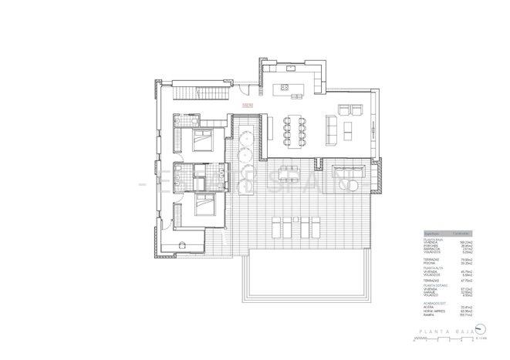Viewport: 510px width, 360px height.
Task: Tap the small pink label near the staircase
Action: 247,103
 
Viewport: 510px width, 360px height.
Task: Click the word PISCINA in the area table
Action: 429,263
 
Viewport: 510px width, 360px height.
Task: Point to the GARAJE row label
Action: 429,292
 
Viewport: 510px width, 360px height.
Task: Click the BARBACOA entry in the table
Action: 431,248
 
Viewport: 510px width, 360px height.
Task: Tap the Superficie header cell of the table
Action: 431,233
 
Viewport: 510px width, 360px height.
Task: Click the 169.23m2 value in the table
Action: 466,241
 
